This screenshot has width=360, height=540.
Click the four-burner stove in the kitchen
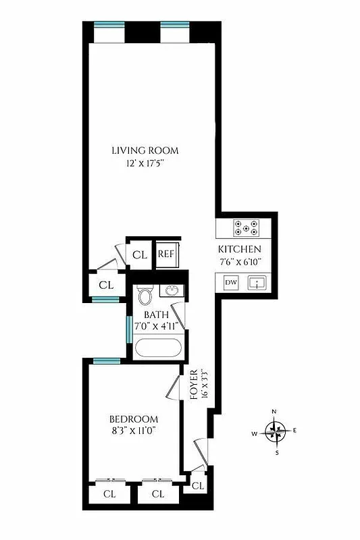[x=245, y=228]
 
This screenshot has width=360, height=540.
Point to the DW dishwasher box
[x=231, y=282]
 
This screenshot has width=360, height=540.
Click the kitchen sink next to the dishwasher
[x=257, y=283]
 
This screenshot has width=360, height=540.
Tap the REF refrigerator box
[x=166, y=254]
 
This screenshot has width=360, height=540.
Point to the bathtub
[x=158, y=348]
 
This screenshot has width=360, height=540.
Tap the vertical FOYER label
[x=194, y=385]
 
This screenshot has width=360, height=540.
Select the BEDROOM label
[x=134, y=418]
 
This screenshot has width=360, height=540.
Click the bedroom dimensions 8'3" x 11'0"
[x=134, y=430]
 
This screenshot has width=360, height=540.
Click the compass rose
[x=276, y=429]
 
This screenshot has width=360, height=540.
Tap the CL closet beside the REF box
[x=140, y=254]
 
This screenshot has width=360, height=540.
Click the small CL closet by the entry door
[x=198, y=485]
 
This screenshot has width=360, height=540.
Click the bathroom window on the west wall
[x=128, y=329]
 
